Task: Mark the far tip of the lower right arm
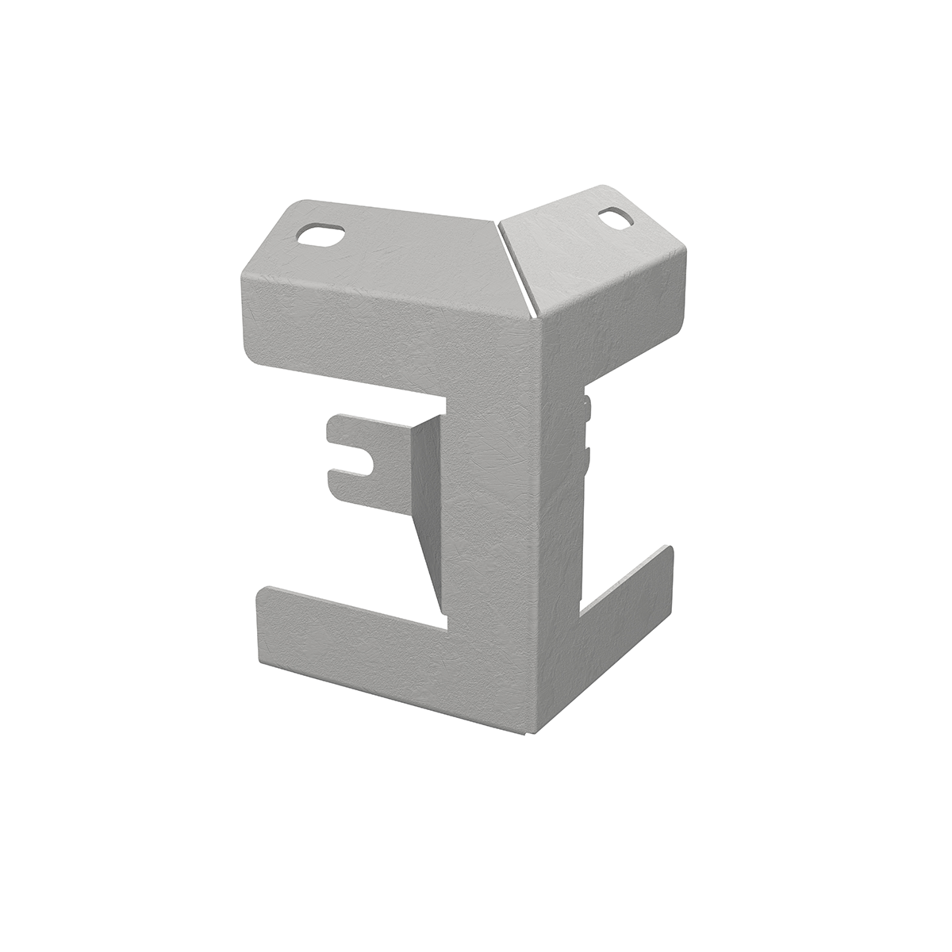coord(670,555)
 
